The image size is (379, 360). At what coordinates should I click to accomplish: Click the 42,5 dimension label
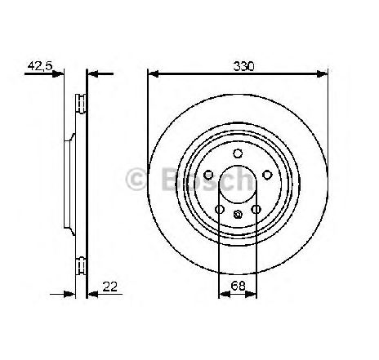tap(40, 66)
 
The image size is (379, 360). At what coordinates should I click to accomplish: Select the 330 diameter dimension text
tap(243, 66)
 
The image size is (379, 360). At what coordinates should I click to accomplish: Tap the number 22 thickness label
tap(109, 287)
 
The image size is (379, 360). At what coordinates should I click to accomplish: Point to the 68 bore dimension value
tap(238, 286)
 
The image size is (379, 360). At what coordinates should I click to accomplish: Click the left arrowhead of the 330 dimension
tap(153, 73)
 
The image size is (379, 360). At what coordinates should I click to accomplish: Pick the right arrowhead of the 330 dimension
tap(322, 73)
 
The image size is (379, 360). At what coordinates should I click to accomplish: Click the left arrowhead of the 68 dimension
tap(225, 294)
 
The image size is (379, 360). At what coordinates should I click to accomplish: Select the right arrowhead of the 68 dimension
tap(251, 294)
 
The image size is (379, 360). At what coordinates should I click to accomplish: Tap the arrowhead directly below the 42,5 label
tap(58, 73)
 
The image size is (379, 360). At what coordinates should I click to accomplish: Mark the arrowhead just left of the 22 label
tap(93, 294)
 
